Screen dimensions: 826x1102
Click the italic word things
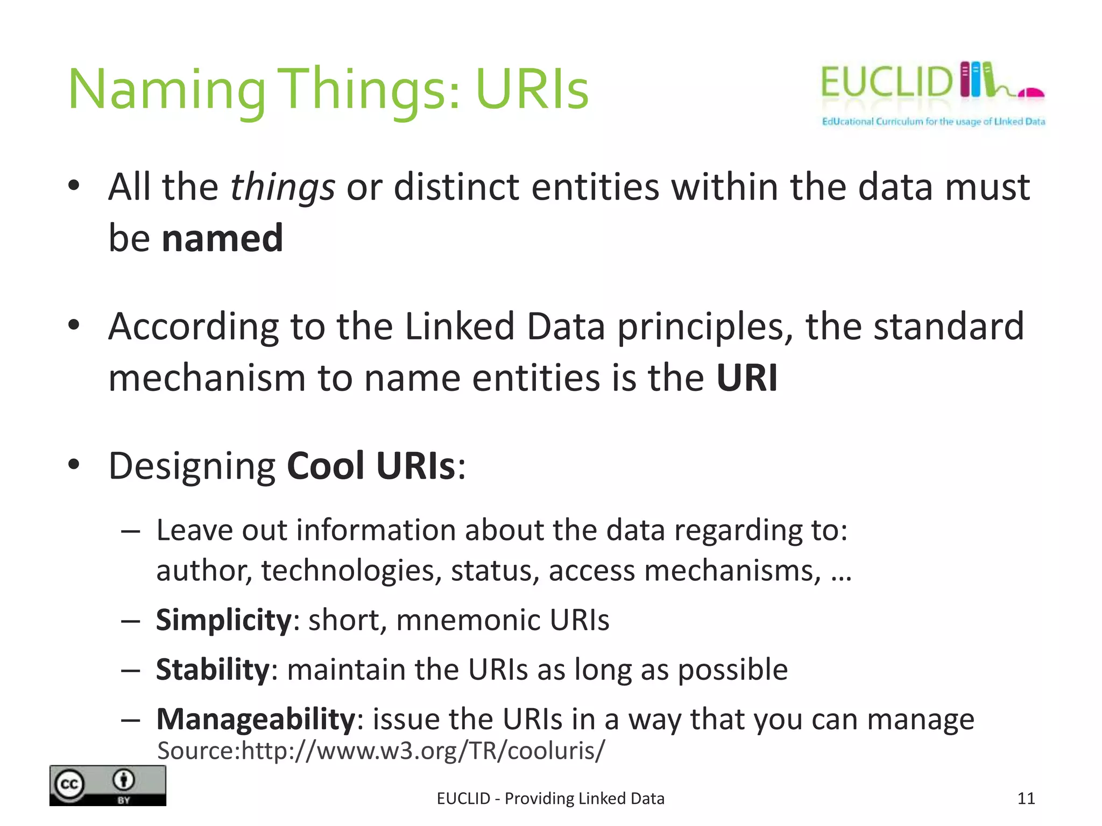coord(282,188)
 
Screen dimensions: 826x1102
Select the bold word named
coord(222,238)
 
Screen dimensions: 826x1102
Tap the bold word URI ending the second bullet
coord(747,378)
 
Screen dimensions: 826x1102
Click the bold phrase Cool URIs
coord(371,466)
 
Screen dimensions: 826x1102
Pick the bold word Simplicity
coord(223,620)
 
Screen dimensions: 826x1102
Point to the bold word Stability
coord(213,670)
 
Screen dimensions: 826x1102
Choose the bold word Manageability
coord(256,719)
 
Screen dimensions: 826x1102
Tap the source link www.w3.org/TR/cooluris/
coord(423,751)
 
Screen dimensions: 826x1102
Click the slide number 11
coord(1026,799)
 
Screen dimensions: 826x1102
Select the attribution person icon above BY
coord(124,779)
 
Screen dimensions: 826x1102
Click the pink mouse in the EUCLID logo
coord(1030,94)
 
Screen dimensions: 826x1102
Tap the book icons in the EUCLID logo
coord(977,80)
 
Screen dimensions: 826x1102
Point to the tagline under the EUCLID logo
coord(933,122)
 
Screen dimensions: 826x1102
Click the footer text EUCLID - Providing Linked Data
coord(550,799)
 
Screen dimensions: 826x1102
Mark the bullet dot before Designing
coord(74,464)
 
